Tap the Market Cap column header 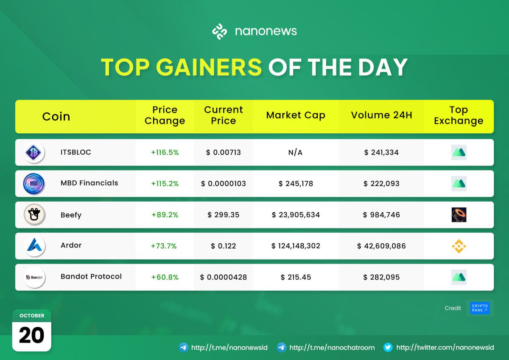pos(296,115)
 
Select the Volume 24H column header pos(381,115)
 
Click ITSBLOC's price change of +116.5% pos(165,152)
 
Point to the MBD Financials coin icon pos(34,184)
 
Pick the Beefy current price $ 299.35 pos(224,215)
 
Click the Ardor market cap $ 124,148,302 pos(296,246)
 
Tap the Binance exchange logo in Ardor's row pos(459,246)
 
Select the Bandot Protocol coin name pos(91,276)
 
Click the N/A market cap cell pos(296,152)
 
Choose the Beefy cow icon pos(34,215)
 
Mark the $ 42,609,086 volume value pos(381,246)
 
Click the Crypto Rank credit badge pos(480,308)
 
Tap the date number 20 pos(31,335)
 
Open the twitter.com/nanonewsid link pos(445,347)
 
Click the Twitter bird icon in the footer pos(388,347)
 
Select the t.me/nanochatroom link pos(332,347)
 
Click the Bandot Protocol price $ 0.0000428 pos(224,277)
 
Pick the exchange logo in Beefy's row pos(459,215)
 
